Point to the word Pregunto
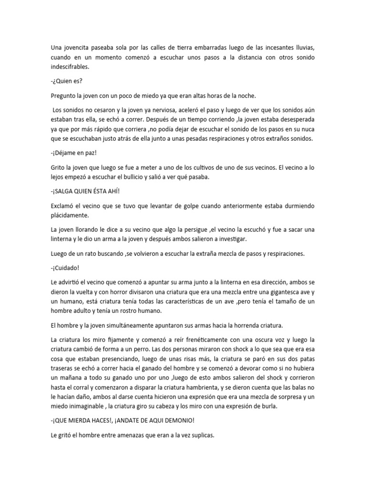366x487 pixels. tap(65, 97)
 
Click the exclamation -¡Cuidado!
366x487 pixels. tap(67, 268)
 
